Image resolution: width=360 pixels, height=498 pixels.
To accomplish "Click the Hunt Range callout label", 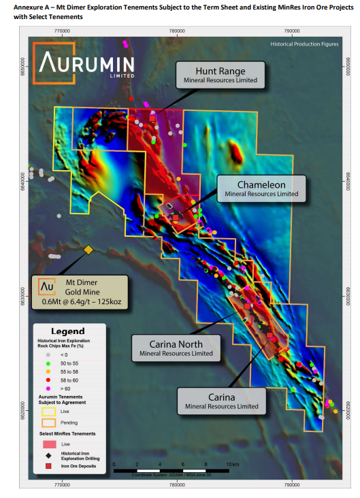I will point(220,75).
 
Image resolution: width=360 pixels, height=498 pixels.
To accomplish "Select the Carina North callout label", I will point(176,348).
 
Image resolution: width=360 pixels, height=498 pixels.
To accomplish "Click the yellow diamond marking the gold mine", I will point(88,250).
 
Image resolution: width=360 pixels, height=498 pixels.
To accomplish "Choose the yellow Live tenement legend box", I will point(48,412).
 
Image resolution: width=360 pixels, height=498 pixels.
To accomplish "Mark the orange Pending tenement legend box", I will point(48,423).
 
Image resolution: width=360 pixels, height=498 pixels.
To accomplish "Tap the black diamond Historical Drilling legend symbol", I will point(48,454).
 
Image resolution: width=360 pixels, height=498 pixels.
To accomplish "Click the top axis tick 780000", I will point(177,31).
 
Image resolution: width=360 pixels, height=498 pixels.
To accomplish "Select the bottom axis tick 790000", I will point(292,485).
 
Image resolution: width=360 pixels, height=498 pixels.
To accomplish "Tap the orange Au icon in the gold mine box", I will point(46,286).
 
